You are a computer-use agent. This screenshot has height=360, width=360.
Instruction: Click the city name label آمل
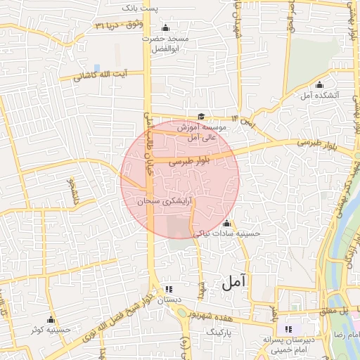point(236,283)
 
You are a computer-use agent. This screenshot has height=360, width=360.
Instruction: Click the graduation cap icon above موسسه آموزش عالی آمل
point(202,117)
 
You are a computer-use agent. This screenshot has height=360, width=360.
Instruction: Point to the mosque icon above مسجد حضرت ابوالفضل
point(166,28)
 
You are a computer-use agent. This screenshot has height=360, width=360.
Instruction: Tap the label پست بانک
point(160,7)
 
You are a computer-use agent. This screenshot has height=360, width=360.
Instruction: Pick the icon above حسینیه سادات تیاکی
point(226,224)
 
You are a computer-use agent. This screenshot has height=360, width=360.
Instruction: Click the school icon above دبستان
point(168,289)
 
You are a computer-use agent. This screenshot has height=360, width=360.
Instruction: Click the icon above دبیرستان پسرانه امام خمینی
point(288,328)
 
